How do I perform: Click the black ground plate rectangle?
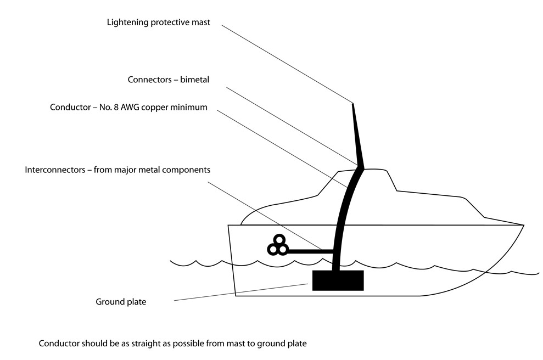click(x=338, y=280)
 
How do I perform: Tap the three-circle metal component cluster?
click(x=278, y=245)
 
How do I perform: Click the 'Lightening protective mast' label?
click(x=158, y=22)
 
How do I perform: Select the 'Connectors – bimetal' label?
click(x=169, y=80)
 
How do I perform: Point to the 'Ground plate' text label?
click(x=121, y=302)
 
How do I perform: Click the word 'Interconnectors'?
click(x=55, y=170)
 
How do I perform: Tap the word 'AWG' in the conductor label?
click(x=130, y=108)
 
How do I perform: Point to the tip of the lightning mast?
click(x=353, y=104)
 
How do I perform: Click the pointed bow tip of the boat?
click(x=524, y=226)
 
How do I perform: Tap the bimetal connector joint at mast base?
click(x=360, y=167)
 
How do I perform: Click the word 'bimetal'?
click(x=194, y=80)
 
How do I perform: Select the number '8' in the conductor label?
click(x=116, y=108)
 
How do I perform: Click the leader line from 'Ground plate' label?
click(x=240, y=292)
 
